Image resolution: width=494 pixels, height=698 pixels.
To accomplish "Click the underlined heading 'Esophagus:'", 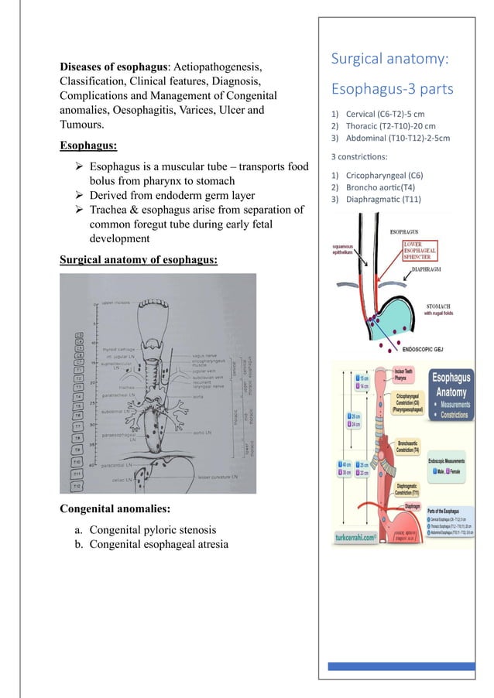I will click(88, 144).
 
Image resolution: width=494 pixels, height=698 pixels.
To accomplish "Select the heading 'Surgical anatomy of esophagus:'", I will click(139, 258).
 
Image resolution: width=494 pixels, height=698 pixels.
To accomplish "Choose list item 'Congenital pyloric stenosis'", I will click(153, 530).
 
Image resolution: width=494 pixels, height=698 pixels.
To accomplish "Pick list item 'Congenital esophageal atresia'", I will click(159, 544).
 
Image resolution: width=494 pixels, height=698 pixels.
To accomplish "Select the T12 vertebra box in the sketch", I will click(77, 485).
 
